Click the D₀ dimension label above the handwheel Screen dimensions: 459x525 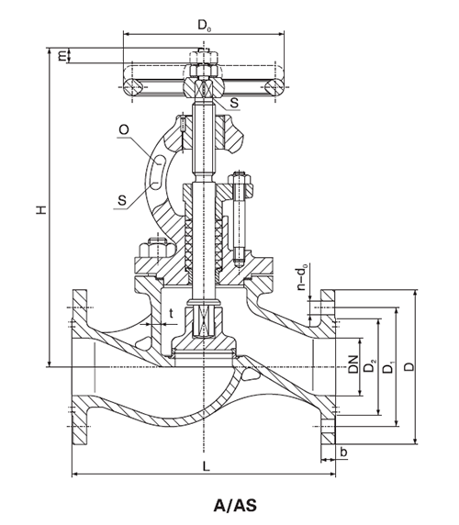(204, 25)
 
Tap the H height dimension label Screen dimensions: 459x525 (41, 210)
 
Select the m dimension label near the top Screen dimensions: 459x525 (62, 56)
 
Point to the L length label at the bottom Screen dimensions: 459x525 (207, 465)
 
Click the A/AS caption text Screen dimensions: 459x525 (235, 505)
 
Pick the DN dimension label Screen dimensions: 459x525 (353, 364)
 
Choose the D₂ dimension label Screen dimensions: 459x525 (370, 365)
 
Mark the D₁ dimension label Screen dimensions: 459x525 (388, 367)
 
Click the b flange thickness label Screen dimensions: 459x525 (343, 452)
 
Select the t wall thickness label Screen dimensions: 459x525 (171, 314)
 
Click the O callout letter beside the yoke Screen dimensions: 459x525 (124, 129)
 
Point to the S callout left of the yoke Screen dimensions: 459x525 (122, 200)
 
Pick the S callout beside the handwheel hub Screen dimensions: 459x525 (234, 103)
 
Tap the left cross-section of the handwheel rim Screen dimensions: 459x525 (132, 87)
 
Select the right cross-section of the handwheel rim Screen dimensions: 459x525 (274, 87)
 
